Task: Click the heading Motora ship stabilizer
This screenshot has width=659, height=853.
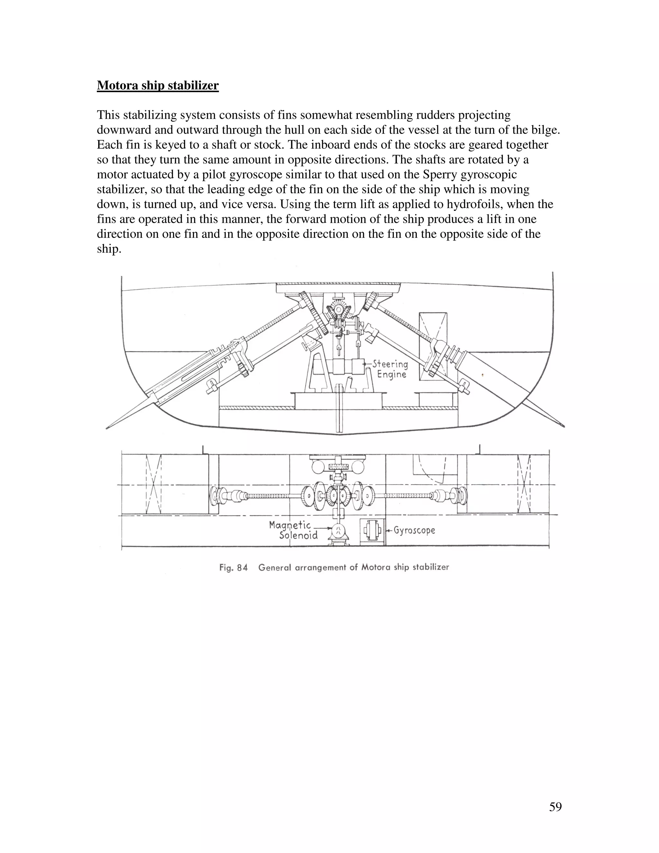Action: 158,86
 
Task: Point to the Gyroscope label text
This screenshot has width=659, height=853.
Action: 414,530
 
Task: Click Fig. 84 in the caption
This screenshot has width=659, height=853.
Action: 234,567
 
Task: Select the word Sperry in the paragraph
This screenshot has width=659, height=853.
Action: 440,174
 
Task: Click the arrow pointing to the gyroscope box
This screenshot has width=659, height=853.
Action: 389,531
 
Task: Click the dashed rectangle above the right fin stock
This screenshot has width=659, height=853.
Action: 432,346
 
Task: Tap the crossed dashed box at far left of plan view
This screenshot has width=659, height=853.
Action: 153,484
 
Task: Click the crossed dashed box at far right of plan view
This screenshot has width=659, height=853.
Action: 524,484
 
